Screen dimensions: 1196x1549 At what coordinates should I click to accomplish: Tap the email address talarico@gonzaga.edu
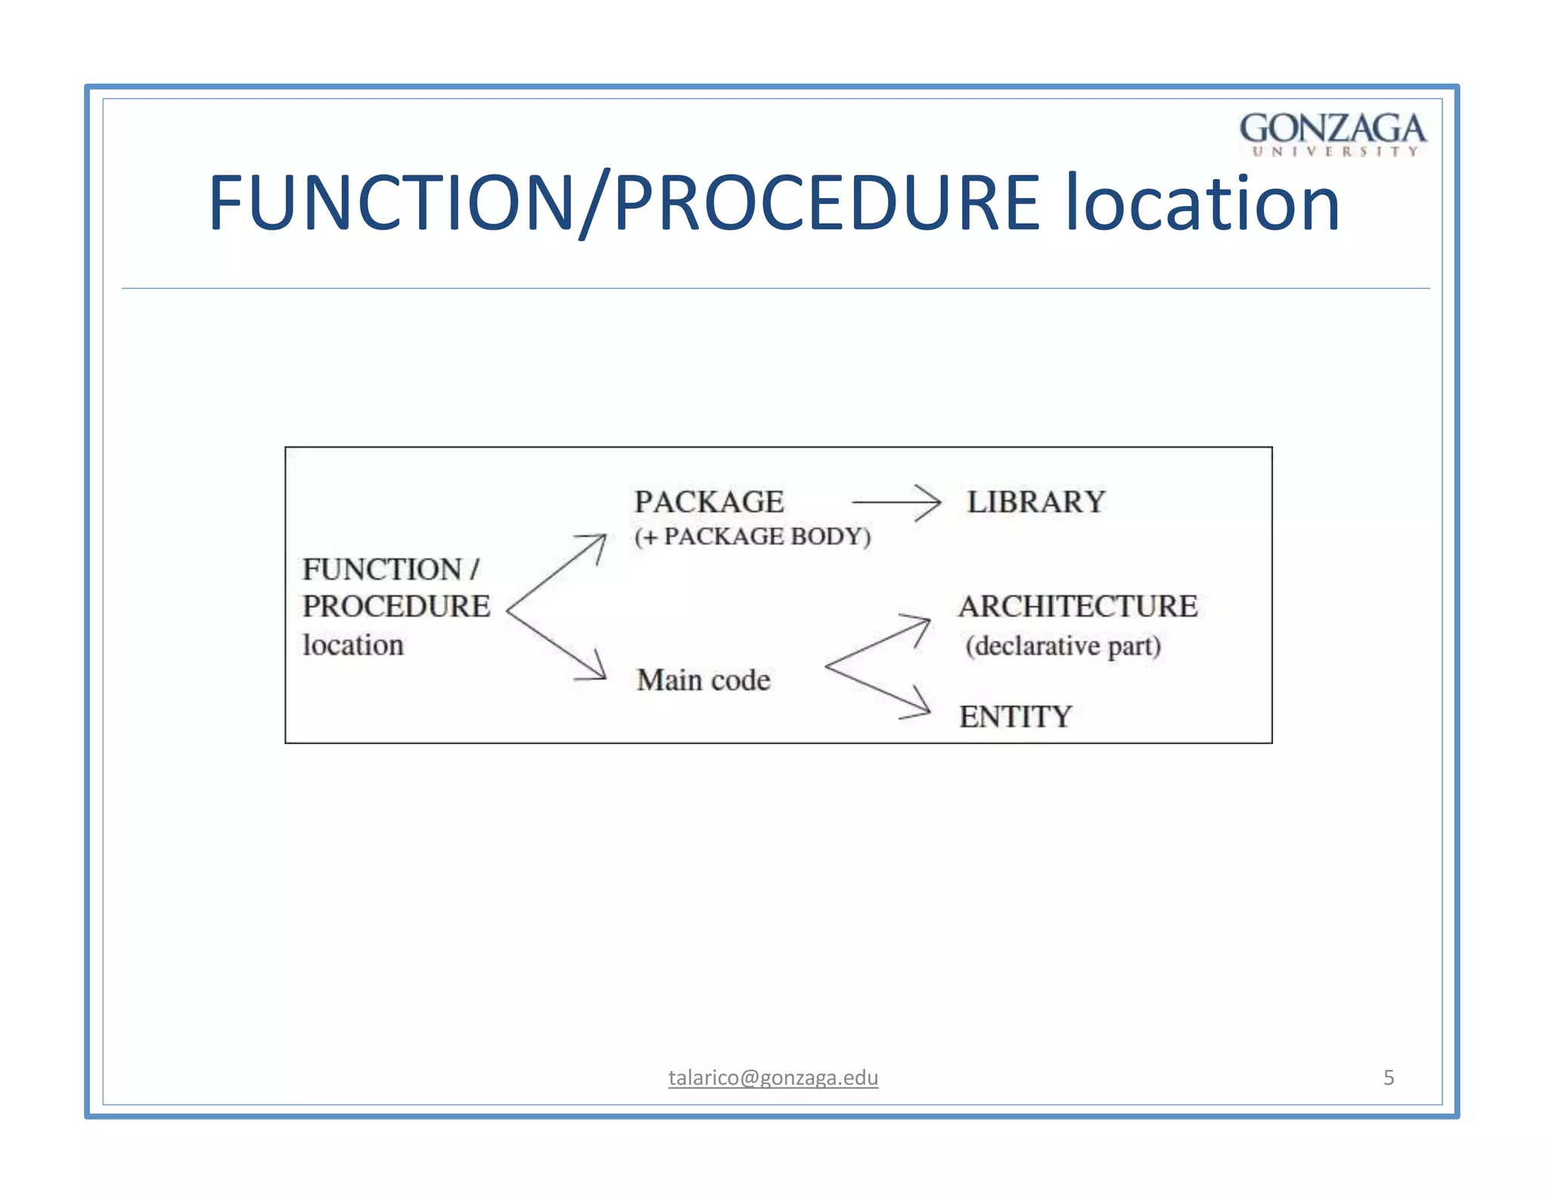[x=773, y=1077]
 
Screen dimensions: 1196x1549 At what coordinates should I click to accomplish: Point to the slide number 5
[x=1389, y=1077]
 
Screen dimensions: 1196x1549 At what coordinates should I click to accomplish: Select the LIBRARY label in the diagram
[x=1036, y=502]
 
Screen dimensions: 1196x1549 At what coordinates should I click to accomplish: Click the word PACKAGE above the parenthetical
[x=709, y=502]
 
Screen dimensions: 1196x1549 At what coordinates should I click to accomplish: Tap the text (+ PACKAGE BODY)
[x=753, y=537]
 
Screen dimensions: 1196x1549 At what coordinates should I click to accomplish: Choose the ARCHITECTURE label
[x=1078, y=606]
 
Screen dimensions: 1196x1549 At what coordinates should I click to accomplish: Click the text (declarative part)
[x=1063, y=646]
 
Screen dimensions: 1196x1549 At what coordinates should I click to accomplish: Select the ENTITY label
[x=1015, y=717]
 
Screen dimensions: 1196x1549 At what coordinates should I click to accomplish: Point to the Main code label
[x=703, y=680]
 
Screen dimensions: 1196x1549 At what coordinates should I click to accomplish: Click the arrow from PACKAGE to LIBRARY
[x=896, y=502]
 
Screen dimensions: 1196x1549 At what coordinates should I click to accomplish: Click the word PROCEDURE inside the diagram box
[x=396, y=606]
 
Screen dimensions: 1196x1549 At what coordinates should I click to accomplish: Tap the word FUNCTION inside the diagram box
[x=382, y=570]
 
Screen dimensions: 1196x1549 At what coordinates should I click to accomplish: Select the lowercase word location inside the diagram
[x=353, y=646]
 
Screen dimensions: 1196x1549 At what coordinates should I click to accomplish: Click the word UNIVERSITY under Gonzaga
[x=1335, y=152]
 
